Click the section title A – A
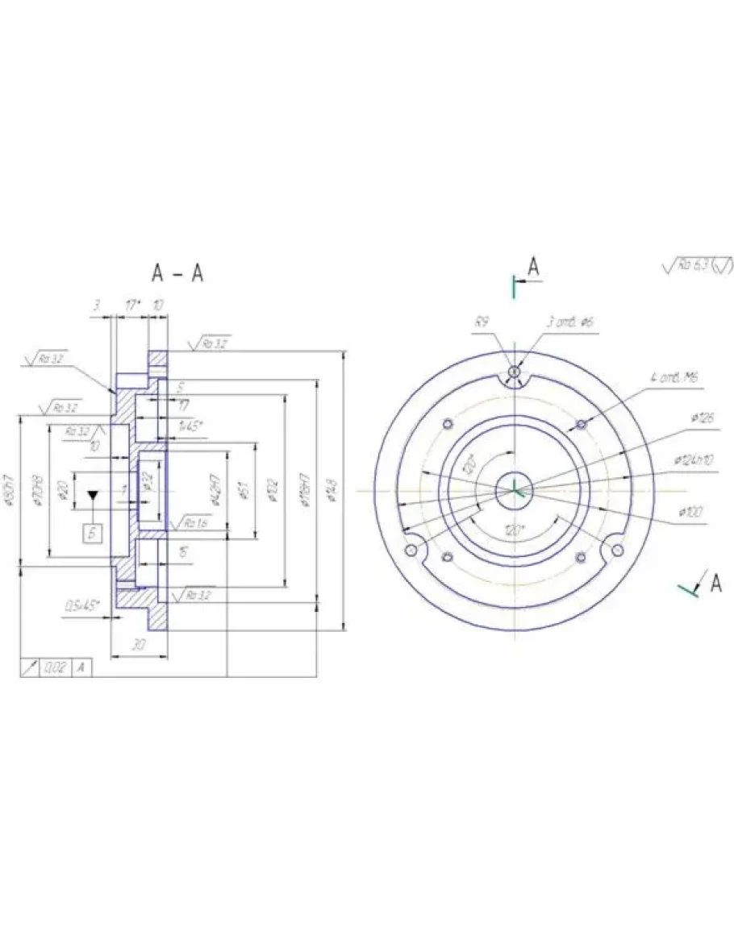click(x=177, y=274)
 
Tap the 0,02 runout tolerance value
click(x=56, y=667)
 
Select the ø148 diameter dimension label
click(x=333, y=488)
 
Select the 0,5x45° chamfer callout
click(x=82, y=605)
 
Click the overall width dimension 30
click(x=138, y=645)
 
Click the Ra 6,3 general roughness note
click(x=697, y=267)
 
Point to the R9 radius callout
click(x=482, y=322)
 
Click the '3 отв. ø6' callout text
click(x=571, y=322)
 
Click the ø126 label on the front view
click(x=703, y=419)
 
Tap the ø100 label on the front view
click(x=693, y=512)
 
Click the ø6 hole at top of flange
click(x=515, y=372)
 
